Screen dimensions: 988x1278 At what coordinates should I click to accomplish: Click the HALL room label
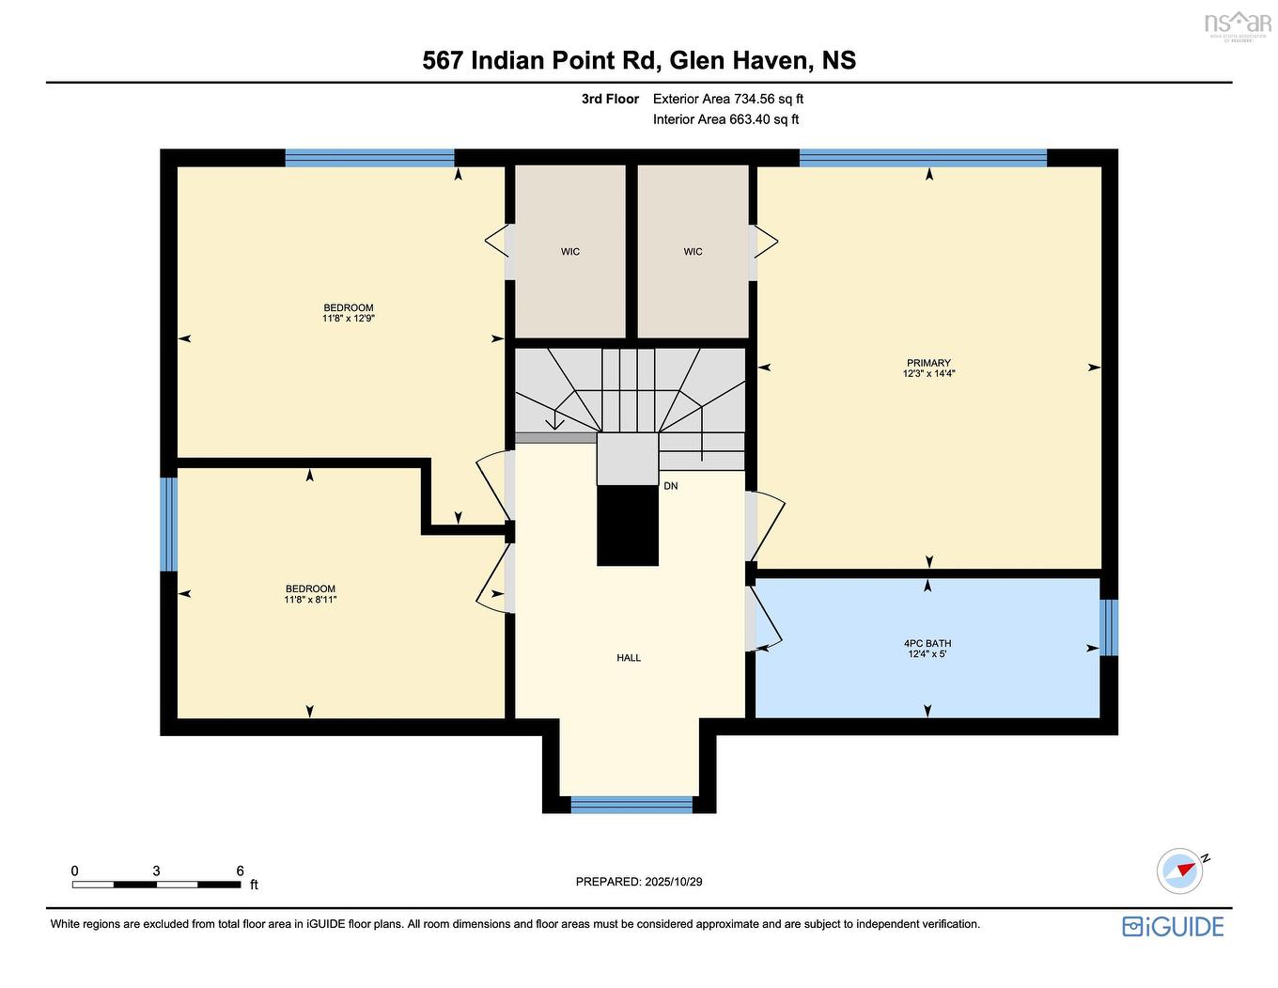pyautogui.click(x=629, y=658)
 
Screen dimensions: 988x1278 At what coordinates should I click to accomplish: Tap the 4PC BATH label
pyautogui.click(x=927, y=644)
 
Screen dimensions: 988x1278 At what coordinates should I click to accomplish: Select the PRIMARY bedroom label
pyautogui.click(x=928, y=363)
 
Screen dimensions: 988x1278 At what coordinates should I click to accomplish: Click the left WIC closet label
pyautogui.click(x=570, y=252)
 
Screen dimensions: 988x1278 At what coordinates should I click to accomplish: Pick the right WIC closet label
pyautogui.click(x=693, y=252)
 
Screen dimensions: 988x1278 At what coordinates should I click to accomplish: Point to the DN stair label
pyautogui.click(x=670, y=486)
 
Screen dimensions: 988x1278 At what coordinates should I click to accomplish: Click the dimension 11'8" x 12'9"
pyautogui.click(x=349, y=319)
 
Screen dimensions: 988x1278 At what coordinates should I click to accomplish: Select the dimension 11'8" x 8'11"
pyautogui.click(x=310, y=600)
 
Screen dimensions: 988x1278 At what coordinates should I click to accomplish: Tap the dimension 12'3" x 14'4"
pyautogui.click(x=928, y=374)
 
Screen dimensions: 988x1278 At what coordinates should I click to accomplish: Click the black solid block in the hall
pyautogui.click(x=628, y=525)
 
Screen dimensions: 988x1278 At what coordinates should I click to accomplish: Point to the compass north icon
pyautogui.click(x=1180, y=870)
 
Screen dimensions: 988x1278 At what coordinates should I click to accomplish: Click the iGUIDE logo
pyautogui.click(x=1173, y=927)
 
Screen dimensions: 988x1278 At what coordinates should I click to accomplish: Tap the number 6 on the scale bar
pyautogui.click(x=241, y=870)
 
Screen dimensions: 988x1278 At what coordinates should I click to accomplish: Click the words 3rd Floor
pyautogui.click(x=610, y=99)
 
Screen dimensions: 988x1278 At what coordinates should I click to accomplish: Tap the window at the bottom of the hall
pyautogui.click(x=631, y=805)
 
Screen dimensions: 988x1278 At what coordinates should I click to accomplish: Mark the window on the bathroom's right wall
pyautogui.click(x=1109, y=627)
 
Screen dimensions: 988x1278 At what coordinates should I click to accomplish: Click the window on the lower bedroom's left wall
pyautogui.click(x=168, y=525)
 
